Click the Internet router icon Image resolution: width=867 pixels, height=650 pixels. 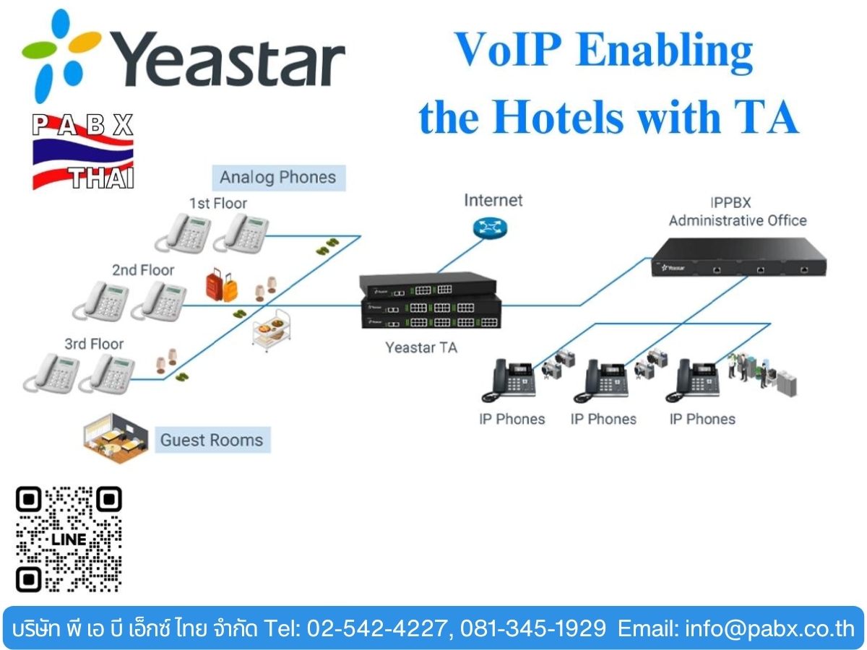pos(490,228)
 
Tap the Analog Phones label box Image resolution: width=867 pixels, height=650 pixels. pos(279,178)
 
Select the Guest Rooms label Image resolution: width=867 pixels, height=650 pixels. pos(212,440)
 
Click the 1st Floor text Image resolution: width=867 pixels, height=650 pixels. pos(218,203)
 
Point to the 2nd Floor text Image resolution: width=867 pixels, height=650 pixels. pos(143,270)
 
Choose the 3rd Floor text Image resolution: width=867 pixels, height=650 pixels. pos(94,344)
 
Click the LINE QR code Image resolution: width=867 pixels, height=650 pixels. pos(69,539)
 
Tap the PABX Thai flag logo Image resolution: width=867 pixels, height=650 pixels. pos(83,152)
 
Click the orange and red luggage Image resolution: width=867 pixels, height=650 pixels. pos(222,285)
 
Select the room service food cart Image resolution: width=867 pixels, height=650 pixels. pos(272,331)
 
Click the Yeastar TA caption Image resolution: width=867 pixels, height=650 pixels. pos(421,347)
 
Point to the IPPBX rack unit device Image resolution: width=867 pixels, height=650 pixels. pos(738,256)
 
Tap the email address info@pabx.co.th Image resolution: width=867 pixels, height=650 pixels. pos(770,628)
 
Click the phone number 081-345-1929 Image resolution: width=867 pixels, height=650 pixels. pos(532,628)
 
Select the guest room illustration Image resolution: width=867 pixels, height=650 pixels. pos(116,438)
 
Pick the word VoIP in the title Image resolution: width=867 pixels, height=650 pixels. pos(508,50)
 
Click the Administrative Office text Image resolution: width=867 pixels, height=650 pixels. pos(738,220)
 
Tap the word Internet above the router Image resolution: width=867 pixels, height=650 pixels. pos(493,201)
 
